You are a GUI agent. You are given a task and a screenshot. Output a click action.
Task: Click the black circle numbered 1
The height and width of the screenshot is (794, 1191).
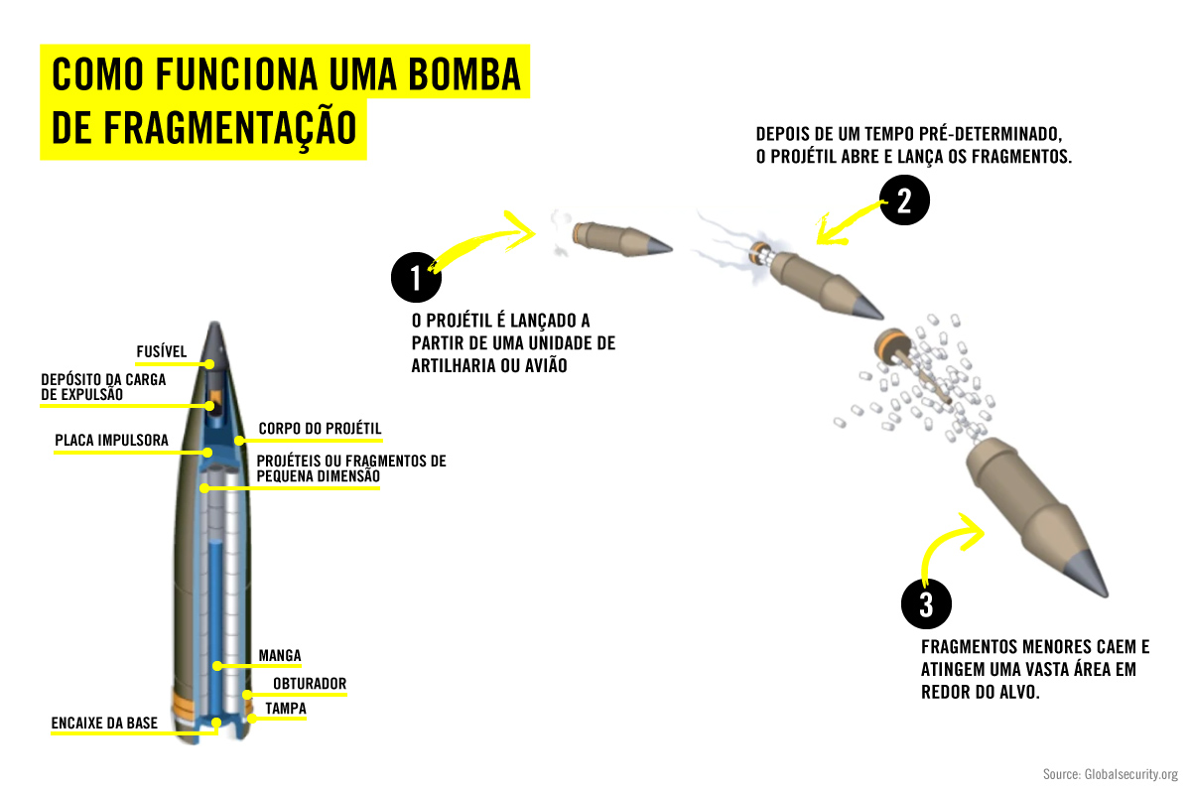pos(416,277)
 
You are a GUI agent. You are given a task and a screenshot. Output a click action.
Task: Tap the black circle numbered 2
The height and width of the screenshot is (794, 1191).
pos(904,199)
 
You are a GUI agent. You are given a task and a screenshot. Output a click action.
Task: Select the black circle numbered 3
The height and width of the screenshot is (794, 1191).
pos(926,603)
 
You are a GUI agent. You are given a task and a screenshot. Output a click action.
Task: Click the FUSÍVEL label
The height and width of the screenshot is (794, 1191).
pos(162,351)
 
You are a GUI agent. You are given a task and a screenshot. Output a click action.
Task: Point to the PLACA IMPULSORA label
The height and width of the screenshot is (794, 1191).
pos(111,441)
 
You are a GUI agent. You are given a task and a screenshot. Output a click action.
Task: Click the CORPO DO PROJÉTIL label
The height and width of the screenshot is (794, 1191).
pos(320,428)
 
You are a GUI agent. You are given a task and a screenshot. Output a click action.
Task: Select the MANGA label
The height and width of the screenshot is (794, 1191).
pos(280,655)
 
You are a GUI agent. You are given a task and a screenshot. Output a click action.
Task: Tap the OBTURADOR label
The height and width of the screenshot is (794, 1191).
pos(310,684)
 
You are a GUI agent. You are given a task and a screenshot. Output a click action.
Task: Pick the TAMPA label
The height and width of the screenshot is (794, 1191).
pos(286,709)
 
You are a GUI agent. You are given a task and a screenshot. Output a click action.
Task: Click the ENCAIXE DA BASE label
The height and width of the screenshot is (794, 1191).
pos(104,723)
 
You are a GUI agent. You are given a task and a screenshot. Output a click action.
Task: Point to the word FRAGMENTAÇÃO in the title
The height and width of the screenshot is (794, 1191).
pos(229,128)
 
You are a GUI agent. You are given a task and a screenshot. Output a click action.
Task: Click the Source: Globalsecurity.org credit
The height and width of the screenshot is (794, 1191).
pos(1111,774)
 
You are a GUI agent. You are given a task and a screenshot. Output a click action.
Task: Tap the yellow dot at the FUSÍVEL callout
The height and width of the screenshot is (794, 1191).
pos(210,364)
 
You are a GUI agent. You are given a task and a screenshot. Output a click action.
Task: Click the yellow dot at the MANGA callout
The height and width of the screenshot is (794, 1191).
pos(217,666)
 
